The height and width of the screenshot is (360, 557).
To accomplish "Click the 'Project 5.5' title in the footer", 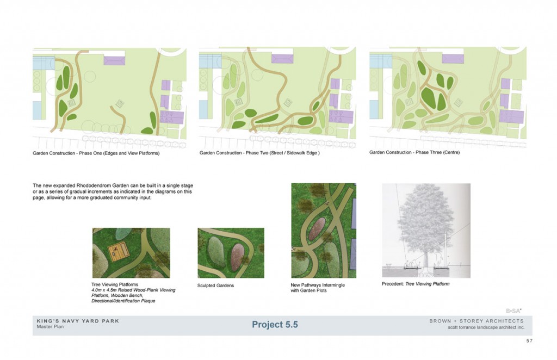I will [275, 325].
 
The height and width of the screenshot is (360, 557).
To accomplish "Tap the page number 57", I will [529, 341].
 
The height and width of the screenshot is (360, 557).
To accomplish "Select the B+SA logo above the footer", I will [513, 311].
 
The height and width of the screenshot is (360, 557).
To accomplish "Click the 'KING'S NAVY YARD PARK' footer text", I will [78, 321].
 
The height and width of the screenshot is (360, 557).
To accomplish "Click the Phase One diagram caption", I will [96, 153].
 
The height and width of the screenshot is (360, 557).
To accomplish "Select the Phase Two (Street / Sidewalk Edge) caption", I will [259, 153].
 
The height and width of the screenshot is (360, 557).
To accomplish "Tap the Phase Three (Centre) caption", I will [414, 152].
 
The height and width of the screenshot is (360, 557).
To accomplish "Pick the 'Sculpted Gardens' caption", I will [215, 285].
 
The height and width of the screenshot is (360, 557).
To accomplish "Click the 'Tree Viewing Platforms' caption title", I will [115, 285].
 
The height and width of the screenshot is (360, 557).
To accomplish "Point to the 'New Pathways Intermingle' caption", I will [318, 285].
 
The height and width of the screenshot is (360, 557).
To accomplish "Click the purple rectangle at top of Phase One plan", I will [114, 60].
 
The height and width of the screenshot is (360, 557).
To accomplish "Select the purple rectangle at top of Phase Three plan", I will [453, 59].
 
